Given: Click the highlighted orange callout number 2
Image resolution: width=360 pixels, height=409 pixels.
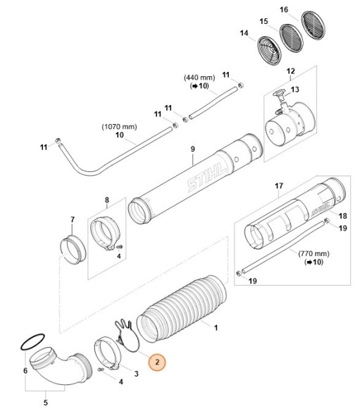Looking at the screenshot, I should tap(158, 361).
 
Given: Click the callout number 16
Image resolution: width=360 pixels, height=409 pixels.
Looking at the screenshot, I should tap(284, 9).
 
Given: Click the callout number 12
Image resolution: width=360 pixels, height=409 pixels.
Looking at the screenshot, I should tap(290, 72).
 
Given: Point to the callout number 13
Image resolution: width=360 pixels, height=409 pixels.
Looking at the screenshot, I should tap(295, 90).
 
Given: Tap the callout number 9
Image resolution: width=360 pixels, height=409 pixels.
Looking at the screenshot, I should tap(191, 149).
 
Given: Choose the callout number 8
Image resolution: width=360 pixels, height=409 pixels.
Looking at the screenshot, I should tap(107, 200).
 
